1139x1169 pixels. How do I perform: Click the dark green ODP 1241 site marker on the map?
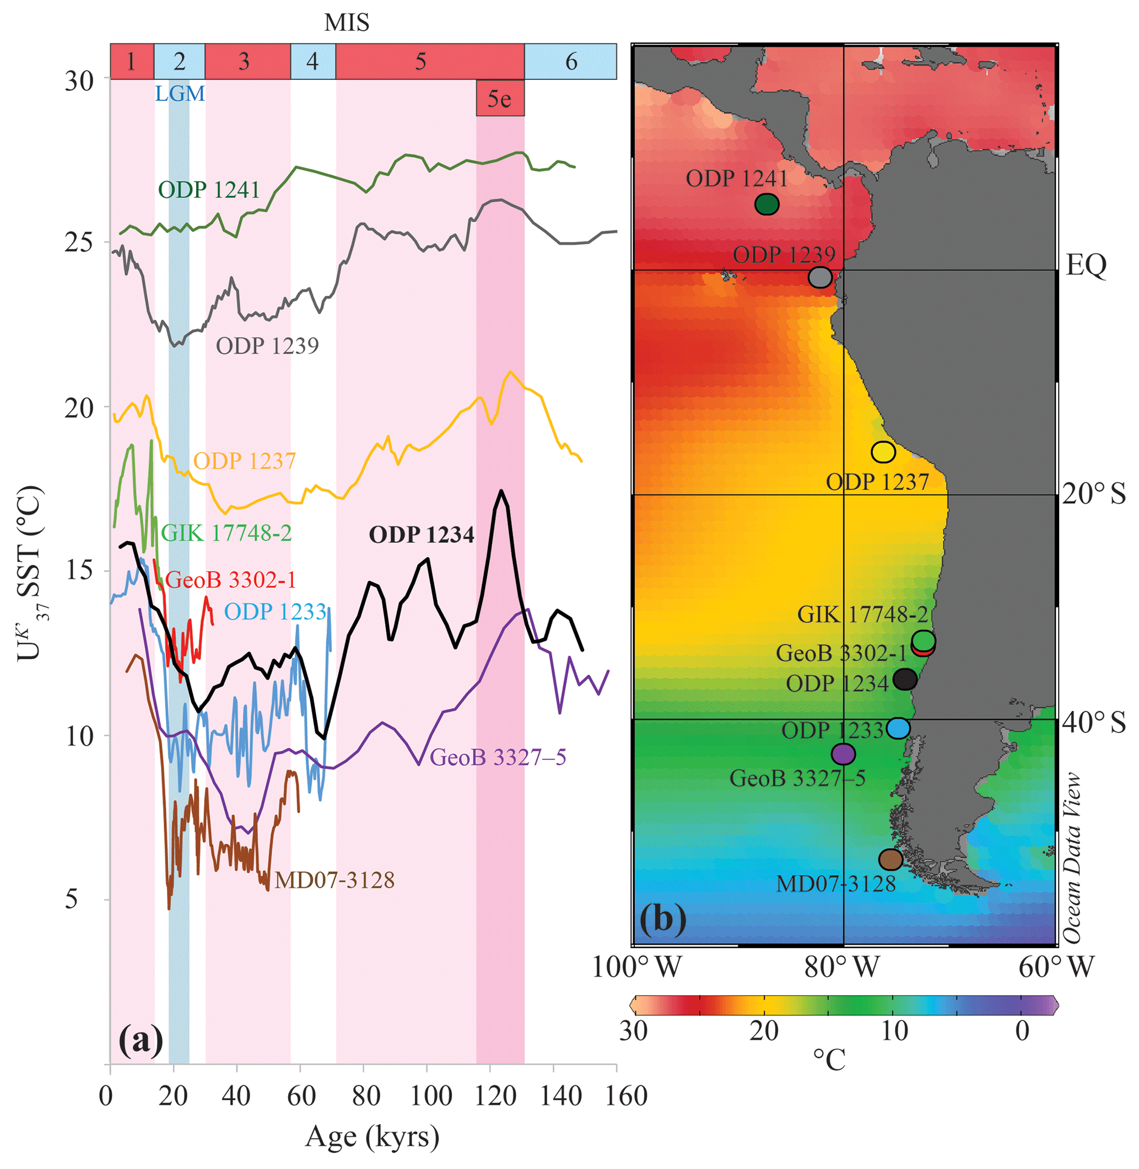[766, 204]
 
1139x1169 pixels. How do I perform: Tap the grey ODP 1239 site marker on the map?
[819, 277]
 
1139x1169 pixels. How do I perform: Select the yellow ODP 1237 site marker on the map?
[883, 452]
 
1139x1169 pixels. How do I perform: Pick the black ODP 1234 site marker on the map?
[904, 678]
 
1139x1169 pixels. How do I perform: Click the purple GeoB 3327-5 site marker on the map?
[843, 754]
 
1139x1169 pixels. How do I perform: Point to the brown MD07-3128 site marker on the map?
[890, 859]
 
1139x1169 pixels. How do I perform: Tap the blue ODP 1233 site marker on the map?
[898, 728]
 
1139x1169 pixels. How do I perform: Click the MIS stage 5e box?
[500, 98]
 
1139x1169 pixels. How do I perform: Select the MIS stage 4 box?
[312, 61]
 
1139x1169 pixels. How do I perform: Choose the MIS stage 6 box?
[571, 61]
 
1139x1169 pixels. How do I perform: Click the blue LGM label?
[180, 94]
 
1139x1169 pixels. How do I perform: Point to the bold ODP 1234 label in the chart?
[421, 535]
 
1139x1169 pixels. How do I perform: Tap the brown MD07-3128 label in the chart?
[334, 881]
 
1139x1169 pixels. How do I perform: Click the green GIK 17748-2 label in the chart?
[226, 532]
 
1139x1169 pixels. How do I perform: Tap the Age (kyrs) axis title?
[372, 1137]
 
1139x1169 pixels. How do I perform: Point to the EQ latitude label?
[1086, 265]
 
